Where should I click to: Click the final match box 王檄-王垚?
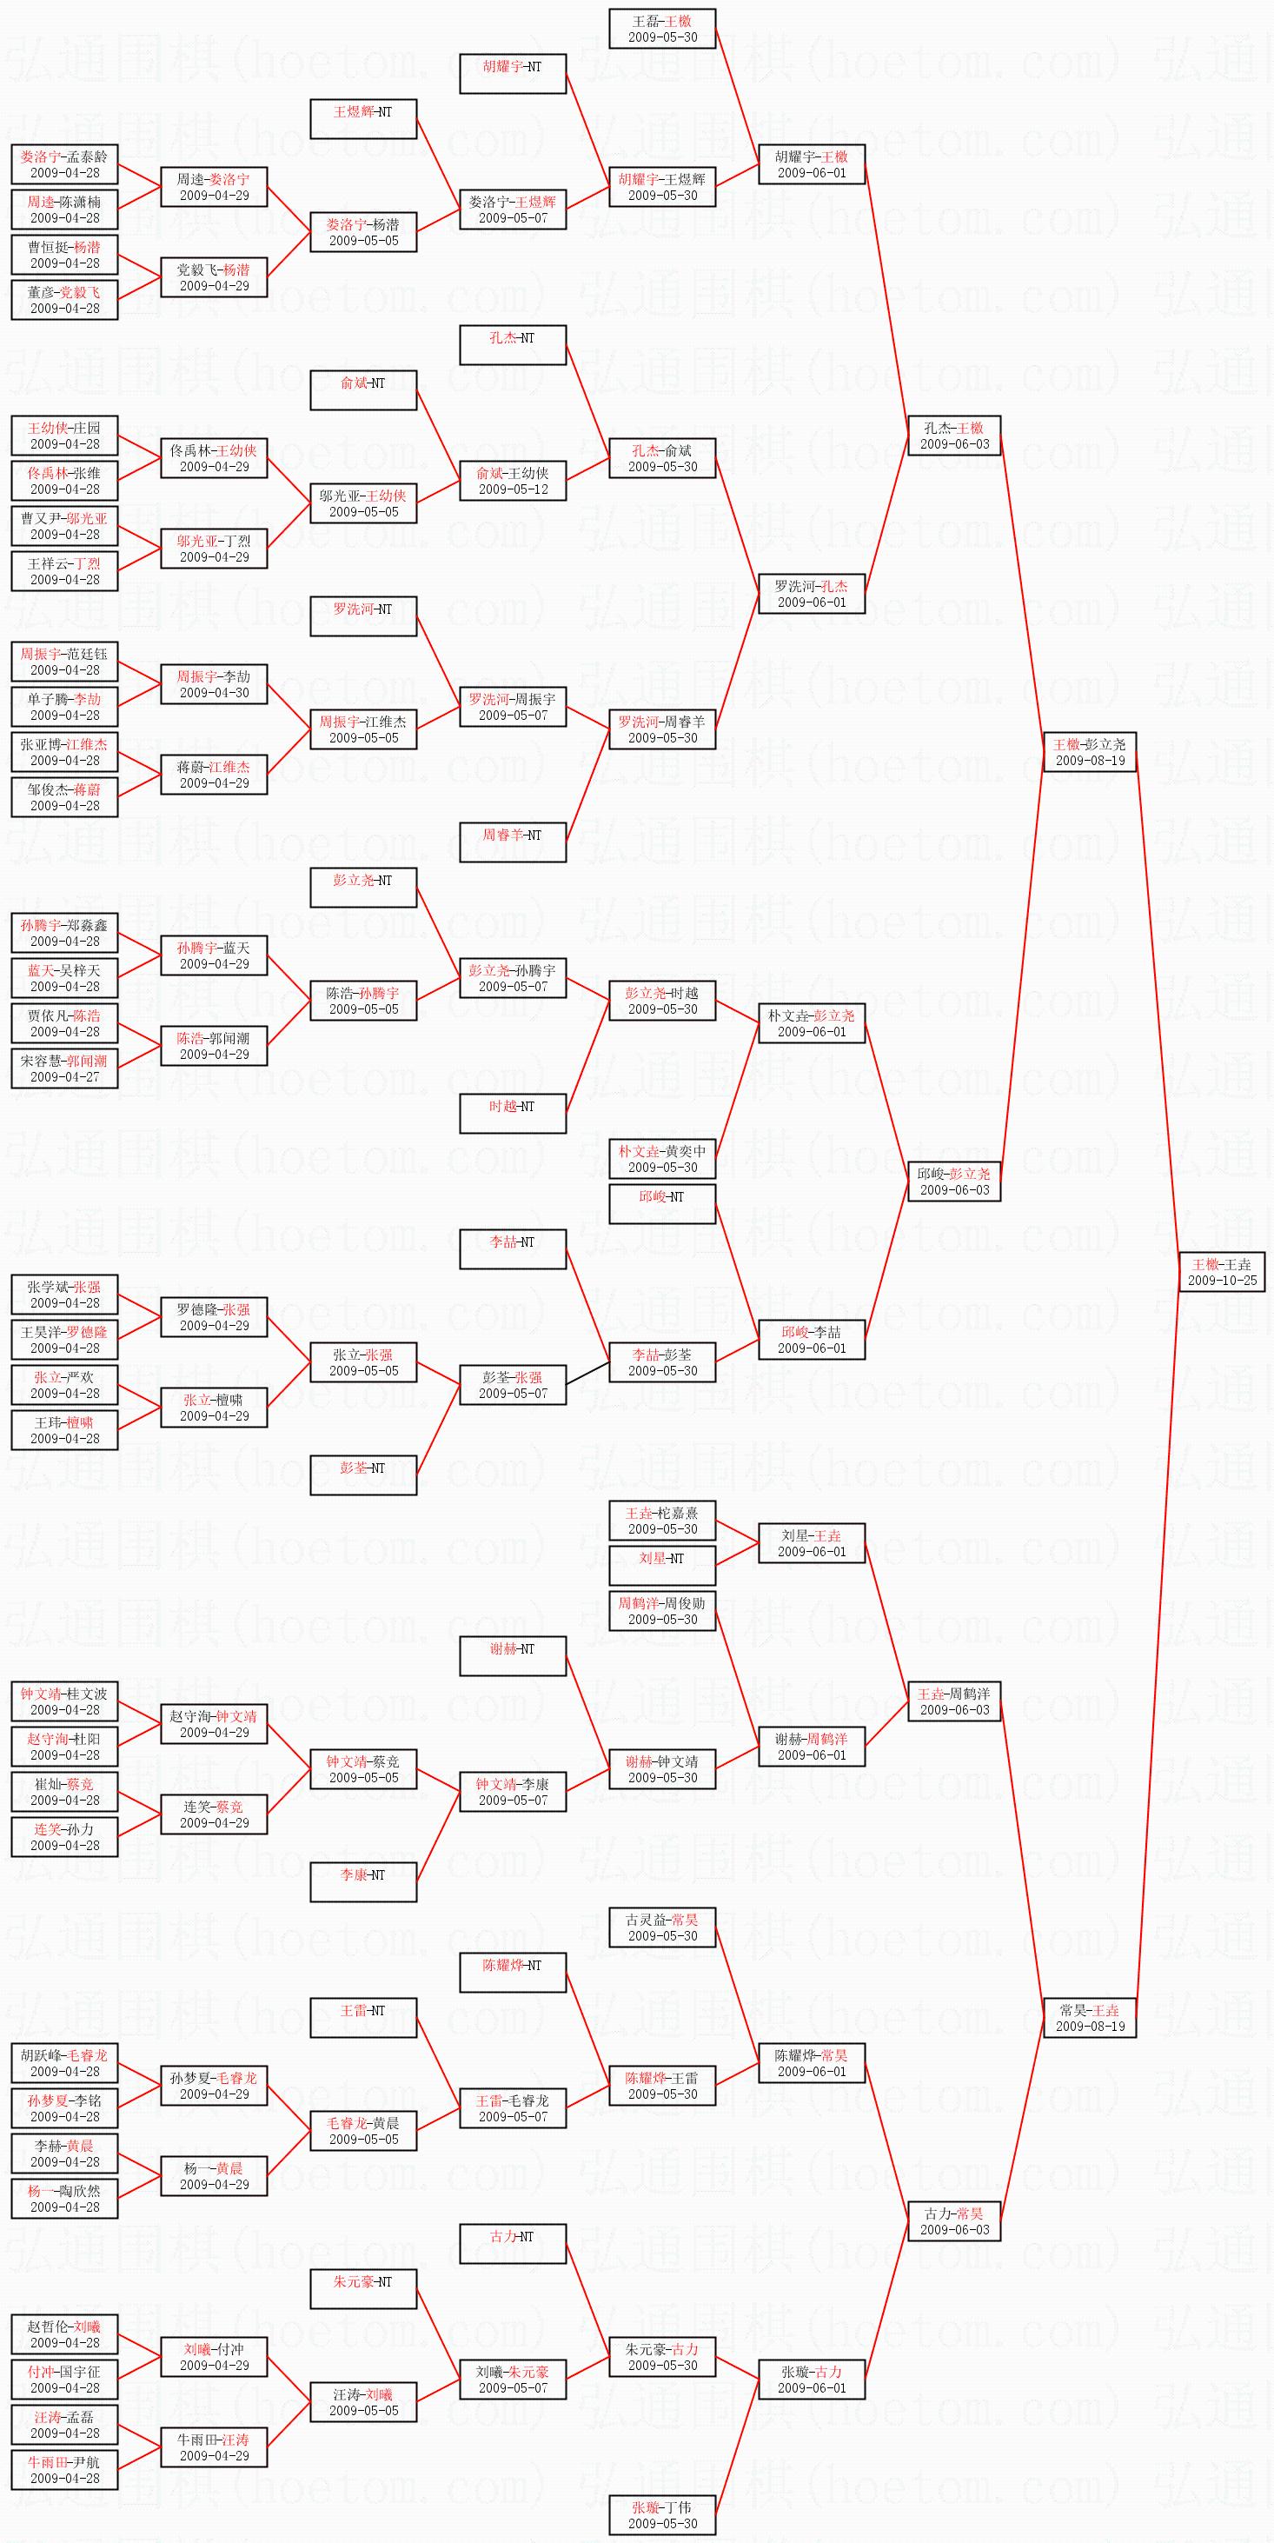pos(1222,1271)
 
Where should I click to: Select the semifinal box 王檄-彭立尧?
pos(1090,752)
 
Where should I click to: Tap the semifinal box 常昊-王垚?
pos(1090,2018)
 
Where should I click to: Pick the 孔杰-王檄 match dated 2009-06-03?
pos(954,436)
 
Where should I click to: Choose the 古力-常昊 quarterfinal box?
pos(954,2221)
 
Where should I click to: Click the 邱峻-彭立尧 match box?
pos(954,1182)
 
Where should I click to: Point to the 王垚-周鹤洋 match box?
pos(954,1702)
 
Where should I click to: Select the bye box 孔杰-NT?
pos(512,345)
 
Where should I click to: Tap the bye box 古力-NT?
pos(512,2244)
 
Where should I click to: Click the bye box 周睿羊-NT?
pos(512,842)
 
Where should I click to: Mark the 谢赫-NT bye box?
pos(512,1656)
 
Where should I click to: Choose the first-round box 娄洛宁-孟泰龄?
pos(64,163)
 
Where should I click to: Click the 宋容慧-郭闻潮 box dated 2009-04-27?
pos(64,1068)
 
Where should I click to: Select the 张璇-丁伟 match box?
pos(662,2514)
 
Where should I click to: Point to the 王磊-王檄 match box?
pos(662,29)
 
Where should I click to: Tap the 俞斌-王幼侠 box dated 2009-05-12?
pos(512,481)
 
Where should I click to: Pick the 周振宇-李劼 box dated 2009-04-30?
pos(214,684)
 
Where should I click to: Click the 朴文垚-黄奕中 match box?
pos(662,1159)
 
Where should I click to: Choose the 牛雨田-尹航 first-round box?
pos(64,2470)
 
